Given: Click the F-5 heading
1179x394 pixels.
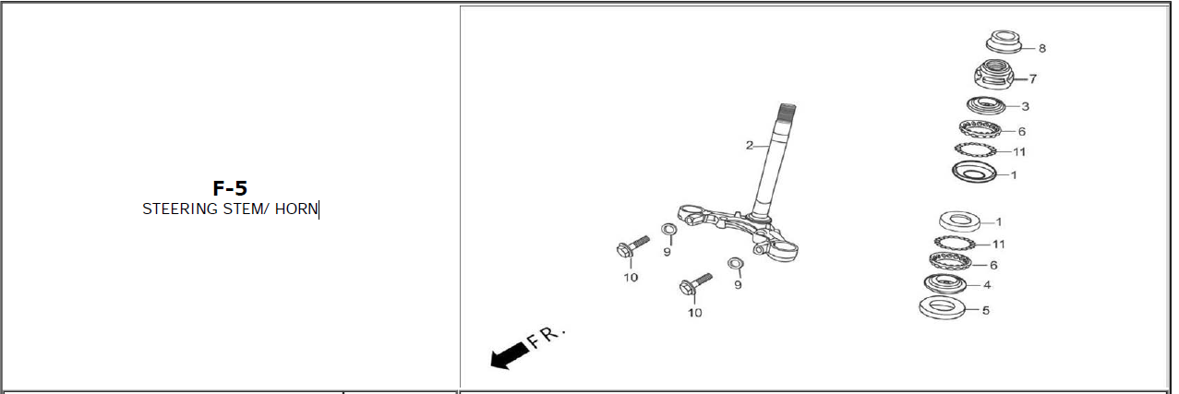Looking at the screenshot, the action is tap(230, 188).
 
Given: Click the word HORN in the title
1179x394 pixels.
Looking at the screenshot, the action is tap(296, 209).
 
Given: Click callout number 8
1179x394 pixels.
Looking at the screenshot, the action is tap(1042, 48).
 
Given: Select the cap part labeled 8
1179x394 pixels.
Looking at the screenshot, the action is tap(1004, 42).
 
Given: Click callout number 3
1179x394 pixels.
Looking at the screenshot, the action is tap(1026, 106).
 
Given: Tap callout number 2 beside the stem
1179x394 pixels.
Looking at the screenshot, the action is tap(750, 145).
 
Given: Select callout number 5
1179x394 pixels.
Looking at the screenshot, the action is tap(986, 310).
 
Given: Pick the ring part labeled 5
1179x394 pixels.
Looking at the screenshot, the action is tap(942, 307).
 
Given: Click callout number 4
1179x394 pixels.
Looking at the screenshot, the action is tap(987, 284).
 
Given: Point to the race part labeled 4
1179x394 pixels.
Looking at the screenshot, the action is tap(945, 284).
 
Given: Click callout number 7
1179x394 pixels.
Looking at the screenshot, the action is tap(1033, 79).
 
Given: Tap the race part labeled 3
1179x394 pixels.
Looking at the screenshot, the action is tap(986, 105).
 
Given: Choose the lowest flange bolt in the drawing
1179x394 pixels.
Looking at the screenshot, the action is tap(695, 284).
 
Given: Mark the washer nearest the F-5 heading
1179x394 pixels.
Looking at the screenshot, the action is tap(669, 230).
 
